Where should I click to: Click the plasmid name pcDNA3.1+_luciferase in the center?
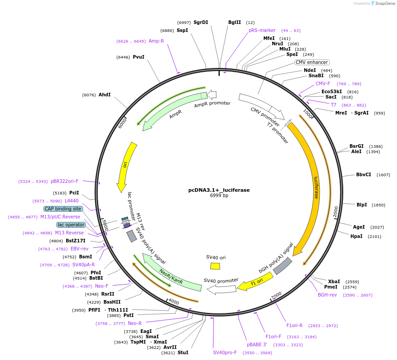[x=219, y=190]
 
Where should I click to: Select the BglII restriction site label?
[x=234, y=22]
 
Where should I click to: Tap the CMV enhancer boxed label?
[x=312, y=63]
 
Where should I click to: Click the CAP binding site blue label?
[x=63, y=209]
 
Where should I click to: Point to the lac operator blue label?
[x=71, y=225]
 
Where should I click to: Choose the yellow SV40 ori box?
[x=215, y=266]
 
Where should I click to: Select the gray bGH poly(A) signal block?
[x=282, y=265]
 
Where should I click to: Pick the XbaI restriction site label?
[x=334, y=281]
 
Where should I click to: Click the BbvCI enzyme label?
[x=364, y=174]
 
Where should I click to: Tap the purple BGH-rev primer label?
[x=327, y=295]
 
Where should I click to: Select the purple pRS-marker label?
[x=262, y=31]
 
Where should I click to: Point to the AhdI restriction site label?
[x=105, y=95]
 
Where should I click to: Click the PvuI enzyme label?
[x=139, y=57]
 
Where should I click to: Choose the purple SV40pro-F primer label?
[x=225, y=352]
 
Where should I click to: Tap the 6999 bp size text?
[x=219, y=196]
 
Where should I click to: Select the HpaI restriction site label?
[x=357, y=236]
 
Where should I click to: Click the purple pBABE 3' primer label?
[x=257, y=344]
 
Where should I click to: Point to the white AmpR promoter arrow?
[x=212, y=94]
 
